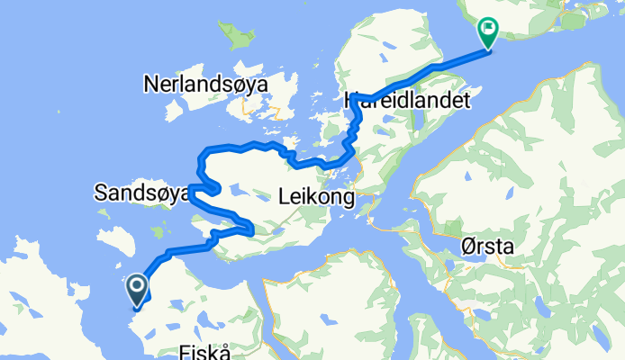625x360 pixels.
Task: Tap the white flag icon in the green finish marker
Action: pos(489,31)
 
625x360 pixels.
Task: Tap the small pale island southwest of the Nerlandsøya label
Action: pos(174,112)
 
